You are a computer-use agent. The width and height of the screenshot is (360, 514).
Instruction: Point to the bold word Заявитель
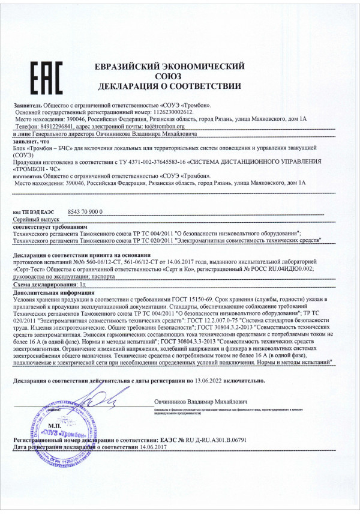(x=27, y=105)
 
